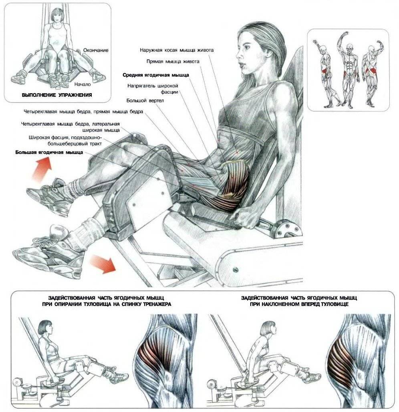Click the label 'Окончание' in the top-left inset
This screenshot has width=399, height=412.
click(x=96, y=50)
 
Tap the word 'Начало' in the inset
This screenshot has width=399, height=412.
click(x=83, y=84)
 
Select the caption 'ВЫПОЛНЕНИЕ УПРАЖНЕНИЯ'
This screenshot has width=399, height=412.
click(x=57, y=95)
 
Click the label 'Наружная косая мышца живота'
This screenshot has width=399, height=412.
click(x=177, y=50)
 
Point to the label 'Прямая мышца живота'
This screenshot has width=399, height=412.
click(x=173, y=62)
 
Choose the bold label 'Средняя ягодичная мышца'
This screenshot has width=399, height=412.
click(x=156, y=75)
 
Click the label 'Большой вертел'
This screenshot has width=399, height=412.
click(x=145, y=101)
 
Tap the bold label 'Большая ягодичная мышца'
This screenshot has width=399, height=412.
click(x=49, y=152)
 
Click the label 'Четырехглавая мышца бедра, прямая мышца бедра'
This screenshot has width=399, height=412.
click(x=83, y=112)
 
